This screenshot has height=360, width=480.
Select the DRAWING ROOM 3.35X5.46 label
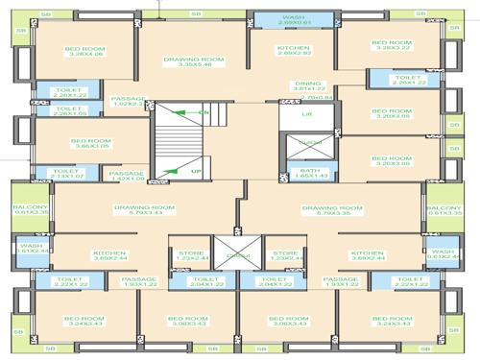tap(194, 63)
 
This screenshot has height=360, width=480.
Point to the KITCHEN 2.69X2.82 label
tap(294, 51)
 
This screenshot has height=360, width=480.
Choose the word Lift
tap(306, 114)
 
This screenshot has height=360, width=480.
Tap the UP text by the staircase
tap(196, 171)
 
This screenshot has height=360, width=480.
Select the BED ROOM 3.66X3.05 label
tap(91, 143)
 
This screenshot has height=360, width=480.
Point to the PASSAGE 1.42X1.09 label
tap(129, 176)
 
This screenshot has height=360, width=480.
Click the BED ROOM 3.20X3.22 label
tap(392, 46)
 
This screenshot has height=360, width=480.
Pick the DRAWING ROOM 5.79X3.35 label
tap(332, 209)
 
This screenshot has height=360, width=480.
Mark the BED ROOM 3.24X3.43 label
tap(84, 321)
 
